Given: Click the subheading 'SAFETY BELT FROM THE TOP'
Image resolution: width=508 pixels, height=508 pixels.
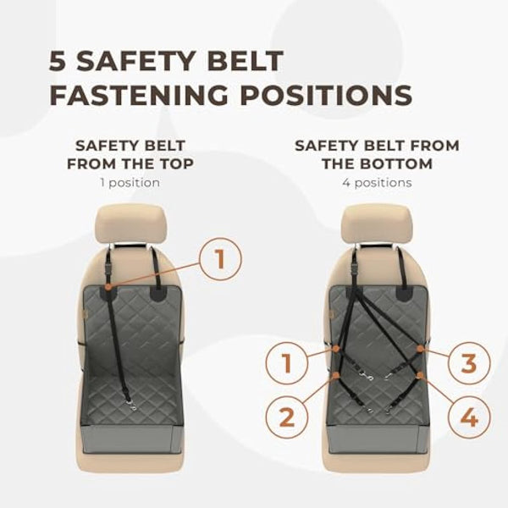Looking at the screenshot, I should coord(130,154).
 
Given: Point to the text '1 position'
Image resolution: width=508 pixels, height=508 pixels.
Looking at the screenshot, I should coord(130,182).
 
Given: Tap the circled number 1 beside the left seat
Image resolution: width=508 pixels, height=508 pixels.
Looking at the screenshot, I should coord(220,259).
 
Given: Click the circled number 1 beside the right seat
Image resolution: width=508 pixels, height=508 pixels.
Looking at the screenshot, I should coord(286,365).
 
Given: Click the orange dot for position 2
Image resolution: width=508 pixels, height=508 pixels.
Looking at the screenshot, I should coord(336,374).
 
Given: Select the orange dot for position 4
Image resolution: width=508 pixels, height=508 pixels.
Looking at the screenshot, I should coord(421,375).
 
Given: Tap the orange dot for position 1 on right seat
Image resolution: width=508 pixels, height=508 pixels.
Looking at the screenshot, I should coord(335,347).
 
